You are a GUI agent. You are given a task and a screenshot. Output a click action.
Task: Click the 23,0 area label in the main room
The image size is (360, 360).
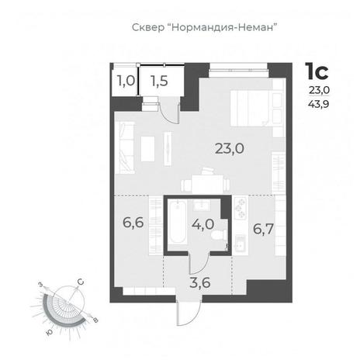[x=230, y=149]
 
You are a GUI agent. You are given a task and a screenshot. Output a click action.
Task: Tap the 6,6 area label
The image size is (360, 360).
[x=133, y=223]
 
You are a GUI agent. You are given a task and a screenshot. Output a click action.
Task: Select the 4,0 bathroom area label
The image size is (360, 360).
[x=203, y=224]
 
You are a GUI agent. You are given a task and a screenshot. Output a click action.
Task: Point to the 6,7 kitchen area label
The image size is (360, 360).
[x=263, y=229]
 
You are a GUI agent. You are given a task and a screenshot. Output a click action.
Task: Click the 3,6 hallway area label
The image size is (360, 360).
[x=200, y=282]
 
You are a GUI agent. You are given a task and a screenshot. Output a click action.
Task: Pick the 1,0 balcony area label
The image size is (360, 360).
[x=126, y=81]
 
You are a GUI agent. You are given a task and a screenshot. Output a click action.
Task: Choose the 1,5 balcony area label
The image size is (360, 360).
[x=160, y=81]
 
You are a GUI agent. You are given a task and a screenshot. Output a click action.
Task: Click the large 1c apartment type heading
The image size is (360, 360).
[x=317, y=71]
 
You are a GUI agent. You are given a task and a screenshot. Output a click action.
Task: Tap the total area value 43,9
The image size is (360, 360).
[x=319, y=104]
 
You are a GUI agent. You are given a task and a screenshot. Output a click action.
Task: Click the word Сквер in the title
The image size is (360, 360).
[x=148, y=27]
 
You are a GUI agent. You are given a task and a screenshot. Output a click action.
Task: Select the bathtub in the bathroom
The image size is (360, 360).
[x=177, y=223]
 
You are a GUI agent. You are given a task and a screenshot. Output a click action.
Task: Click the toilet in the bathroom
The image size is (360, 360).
[x=219, y=236]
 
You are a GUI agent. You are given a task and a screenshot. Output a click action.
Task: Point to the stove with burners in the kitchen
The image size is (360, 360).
[x=241, y=208]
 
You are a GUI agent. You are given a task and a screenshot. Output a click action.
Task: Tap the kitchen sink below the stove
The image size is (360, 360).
[x=241, y=244]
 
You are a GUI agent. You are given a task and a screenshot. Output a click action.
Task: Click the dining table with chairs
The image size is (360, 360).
[x=206, y=182]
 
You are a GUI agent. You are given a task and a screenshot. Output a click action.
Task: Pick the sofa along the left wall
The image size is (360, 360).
[x=125, y=147]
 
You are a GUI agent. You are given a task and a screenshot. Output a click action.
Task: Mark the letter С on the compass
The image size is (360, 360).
[x=81, y=282]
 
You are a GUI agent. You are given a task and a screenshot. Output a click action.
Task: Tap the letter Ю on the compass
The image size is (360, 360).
[x=49, y=333]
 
